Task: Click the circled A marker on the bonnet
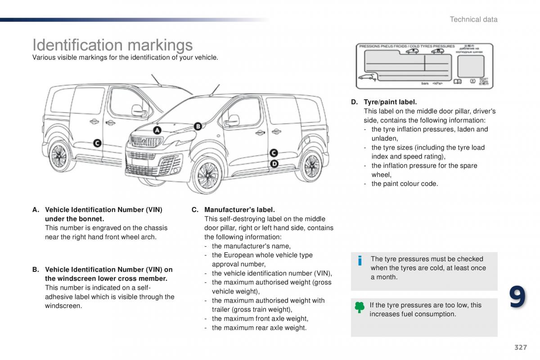tap(157, 130)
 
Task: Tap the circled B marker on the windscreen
tap(198, 126)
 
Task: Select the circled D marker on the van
tap(274, 164)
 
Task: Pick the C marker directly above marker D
tap(274, 153)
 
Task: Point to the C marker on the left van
tap(97, 144)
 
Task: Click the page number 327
tap(520, 347)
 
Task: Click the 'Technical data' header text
tap(473, 19)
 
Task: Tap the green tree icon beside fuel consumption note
tap(360, 307)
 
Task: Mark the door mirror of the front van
tap(232, 120)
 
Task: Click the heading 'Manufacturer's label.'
tap(239, 210)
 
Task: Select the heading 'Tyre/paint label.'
tap(390, 102)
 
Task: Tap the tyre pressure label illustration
tap(425, 66)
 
